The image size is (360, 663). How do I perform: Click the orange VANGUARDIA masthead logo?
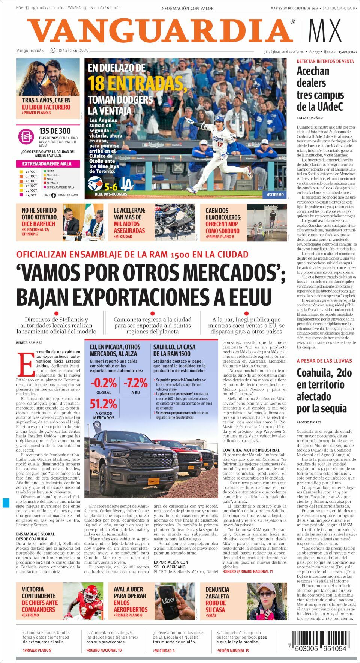click(160, 30)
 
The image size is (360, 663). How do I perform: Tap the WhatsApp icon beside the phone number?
click(53, 50)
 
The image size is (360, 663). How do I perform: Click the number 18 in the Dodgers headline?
click(96, 83)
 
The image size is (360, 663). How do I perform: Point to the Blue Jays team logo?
click(94, 184)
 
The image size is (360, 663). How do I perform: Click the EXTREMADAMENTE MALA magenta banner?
click(48, 164)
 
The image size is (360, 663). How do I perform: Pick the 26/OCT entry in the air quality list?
click(31, 172)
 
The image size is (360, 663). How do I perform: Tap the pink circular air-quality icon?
click(26, 136)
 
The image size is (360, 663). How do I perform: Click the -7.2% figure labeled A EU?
click(135, 383)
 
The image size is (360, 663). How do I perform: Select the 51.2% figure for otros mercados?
click(103, 404)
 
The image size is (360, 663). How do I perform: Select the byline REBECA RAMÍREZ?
click(29, 342)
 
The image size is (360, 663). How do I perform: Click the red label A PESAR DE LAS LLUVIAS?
click(324, 361)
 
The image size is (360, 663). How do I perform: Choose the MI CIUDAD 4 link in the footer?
click(164, 651)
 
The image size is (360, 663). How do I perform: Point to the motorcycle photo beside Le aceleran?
click(175, 222)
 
